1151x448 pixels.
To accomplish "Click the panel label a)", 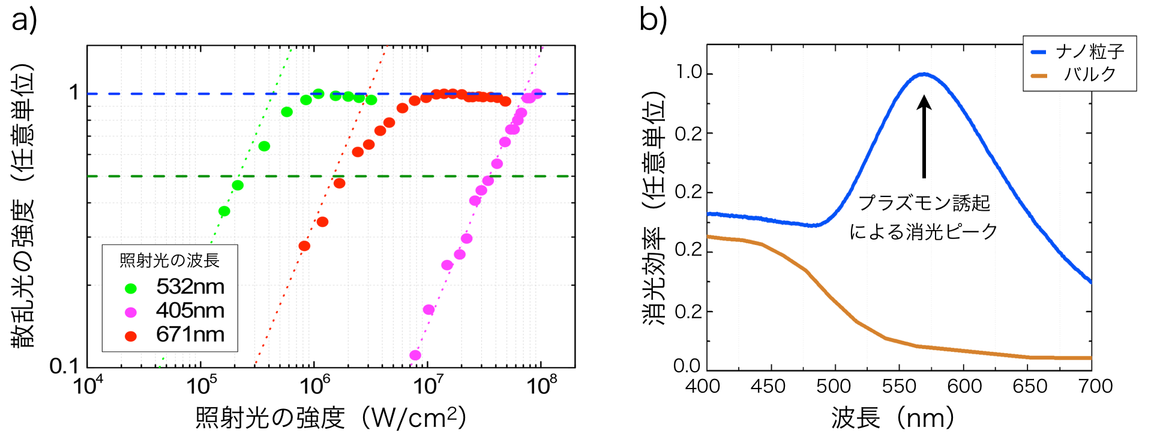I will click(23, 19).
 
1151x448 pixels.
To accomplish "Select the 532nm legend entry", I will click(190, 286).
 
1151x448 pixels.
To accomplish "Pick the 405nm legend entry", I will click(190, 310).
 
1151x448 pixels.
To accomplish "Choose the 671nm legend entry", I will click(190, 334).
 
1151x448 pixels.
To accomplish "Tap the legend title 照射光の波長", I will click(170, 260).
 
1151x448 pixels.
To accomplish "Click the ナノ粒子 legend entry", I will click(1089, 52).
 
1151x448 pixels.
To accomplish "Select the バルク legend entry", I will click(1089, 74).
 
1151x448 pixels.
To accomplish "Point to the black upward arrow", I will click(924, 137).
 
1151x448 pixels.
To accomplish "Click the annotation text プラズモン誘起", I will click(924, 203).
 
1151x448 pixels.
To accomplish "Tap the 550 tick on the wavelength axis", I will click(898, 386).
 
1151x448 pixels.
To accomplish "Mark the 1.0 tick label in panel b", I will click(688, 73).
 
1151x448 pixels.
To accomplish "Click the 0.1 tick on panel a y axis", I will click(64, 366).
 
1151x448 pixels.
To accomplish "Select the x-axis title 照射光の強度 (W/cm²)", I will click(331, 418).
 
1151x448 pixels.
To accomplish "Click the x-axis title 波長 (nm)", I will click(892, 418).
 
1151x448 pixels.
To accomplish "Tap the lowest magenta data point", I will click(415, 355).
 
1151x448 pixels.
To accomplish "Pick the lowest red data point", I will click(304, 246).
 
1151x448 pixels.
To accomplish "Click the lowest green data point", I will click(224, 211).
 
